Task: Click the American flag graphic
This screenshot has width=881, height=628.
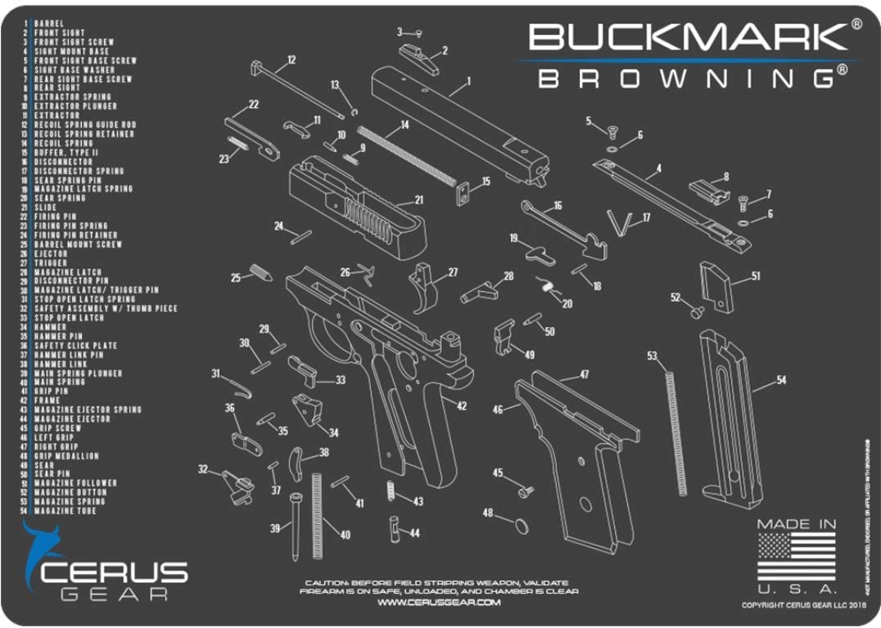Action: [x=796, y=557]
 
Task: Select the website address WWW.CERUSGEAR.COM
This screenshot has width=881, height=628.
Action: [x=439, y=603]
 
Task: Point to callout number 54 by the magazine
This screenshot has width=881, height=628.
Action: [x=781, y=380]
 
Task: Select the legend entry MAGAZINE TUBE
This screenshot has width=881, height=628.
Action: [x=65, y=511]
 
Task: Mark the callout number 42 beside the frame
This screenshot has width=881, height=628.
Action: [x=462, y=406]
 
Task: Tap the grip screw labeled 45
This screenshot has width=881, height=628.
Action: [x=525, y=490]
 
